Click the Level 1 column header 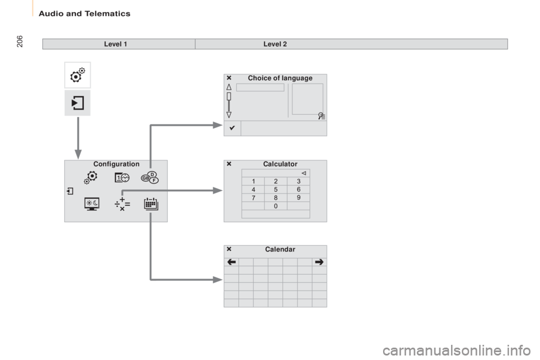tap(115, 44)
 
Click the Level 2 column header tap(275, 44)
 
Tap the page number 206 tap(20, 41)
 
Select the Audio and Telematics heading tap(84, 13)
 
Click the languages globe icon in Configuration tap(150, 177)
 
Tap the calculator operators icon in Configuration tap(122, 204)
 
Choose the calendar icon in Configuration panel tap(151, 204)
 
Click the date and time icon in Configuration tap(122, 177)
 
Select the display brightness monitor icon tap(92, 204)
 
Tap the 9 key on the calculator tap(298, 198)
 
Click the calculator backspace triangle tap(303, 173)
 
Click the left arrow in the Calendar tap(231, 262)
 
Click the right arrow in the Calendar tap(319, 262)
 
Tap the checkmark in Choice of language tap(232, 128)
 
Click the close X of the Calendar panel tap(229, 249)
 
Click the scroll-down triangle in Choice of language tap(229, 115)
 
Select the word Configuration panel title tap(116, 164)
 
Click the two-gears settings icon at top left tap(78, 75)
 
